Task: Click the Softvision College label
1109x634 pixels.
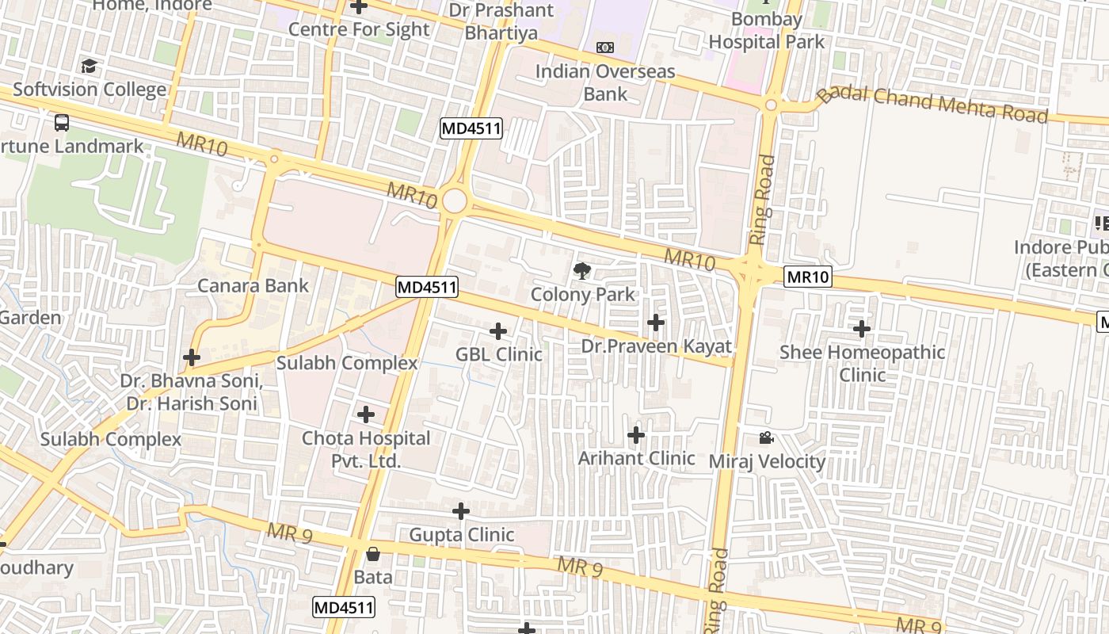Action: click(90, 89)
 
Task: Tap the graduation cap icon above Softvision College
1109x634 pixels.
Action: click(89, 66)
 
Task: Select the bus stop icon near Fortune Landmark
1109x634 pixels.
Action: click(62, 122)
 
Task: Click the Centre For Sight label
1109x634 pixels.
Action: click(359, 29)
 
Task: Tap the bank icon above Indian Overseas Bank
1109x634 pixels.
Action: click(605, 48)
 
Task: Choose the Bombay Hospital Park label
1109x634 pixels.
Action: click(766, 30)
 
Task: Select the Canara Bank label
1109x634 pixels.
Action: click(253, 285)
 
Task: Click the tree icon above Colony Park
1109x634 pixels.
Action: click(582, 271)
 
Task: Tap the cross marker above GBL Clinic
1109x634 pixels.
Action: click(498, 330)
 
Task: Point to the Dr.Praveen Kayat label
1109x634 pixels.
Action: click(657, 346)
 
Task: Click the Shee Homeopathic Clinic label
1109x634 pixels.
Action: click(862, 363)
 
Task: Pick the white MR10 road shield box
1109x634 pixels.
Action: click(809, 277)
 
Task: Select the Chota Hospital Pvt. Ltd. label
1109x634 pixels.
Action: click(366, 449)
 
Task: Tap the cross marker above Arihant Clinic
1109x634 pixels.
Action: click(636, 435)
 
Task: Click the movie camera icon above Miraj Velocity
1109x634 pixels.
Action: click(766, 437)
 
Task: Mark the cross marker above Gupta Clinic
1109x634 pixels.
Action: click(461, 511)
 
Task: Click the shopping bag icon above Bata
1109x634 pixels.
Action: click(372, 554)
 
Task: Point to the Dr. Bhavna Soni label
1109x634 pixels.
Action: click(191, 381)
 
